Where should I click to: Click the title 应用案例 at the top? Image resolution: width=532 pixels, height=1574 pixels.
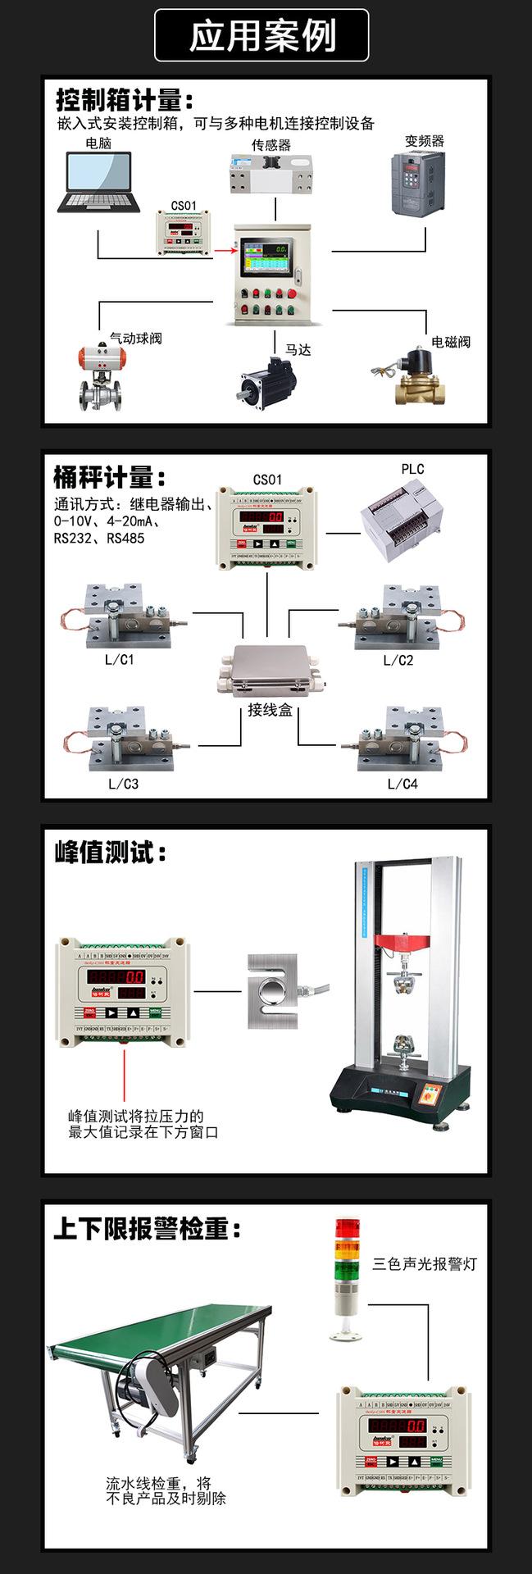click(262, 36)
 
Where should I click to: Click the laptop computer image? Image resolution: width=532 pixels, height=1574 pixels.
click(98, 183)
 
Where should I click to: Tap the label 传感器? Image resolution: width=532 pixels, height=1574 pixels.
click(271, 145)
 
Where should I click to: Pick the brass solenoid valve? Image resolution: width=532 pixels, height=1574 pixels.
click(414, 378)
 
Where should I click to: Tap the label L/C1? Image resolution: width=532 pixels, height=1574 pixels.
click(120, 659)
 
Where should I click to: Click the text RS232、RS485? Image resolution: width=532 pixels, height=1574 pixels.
click(99, 539)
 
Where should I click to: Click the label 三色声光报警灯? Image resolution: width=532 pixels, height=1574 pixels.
click(425, 1264)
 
